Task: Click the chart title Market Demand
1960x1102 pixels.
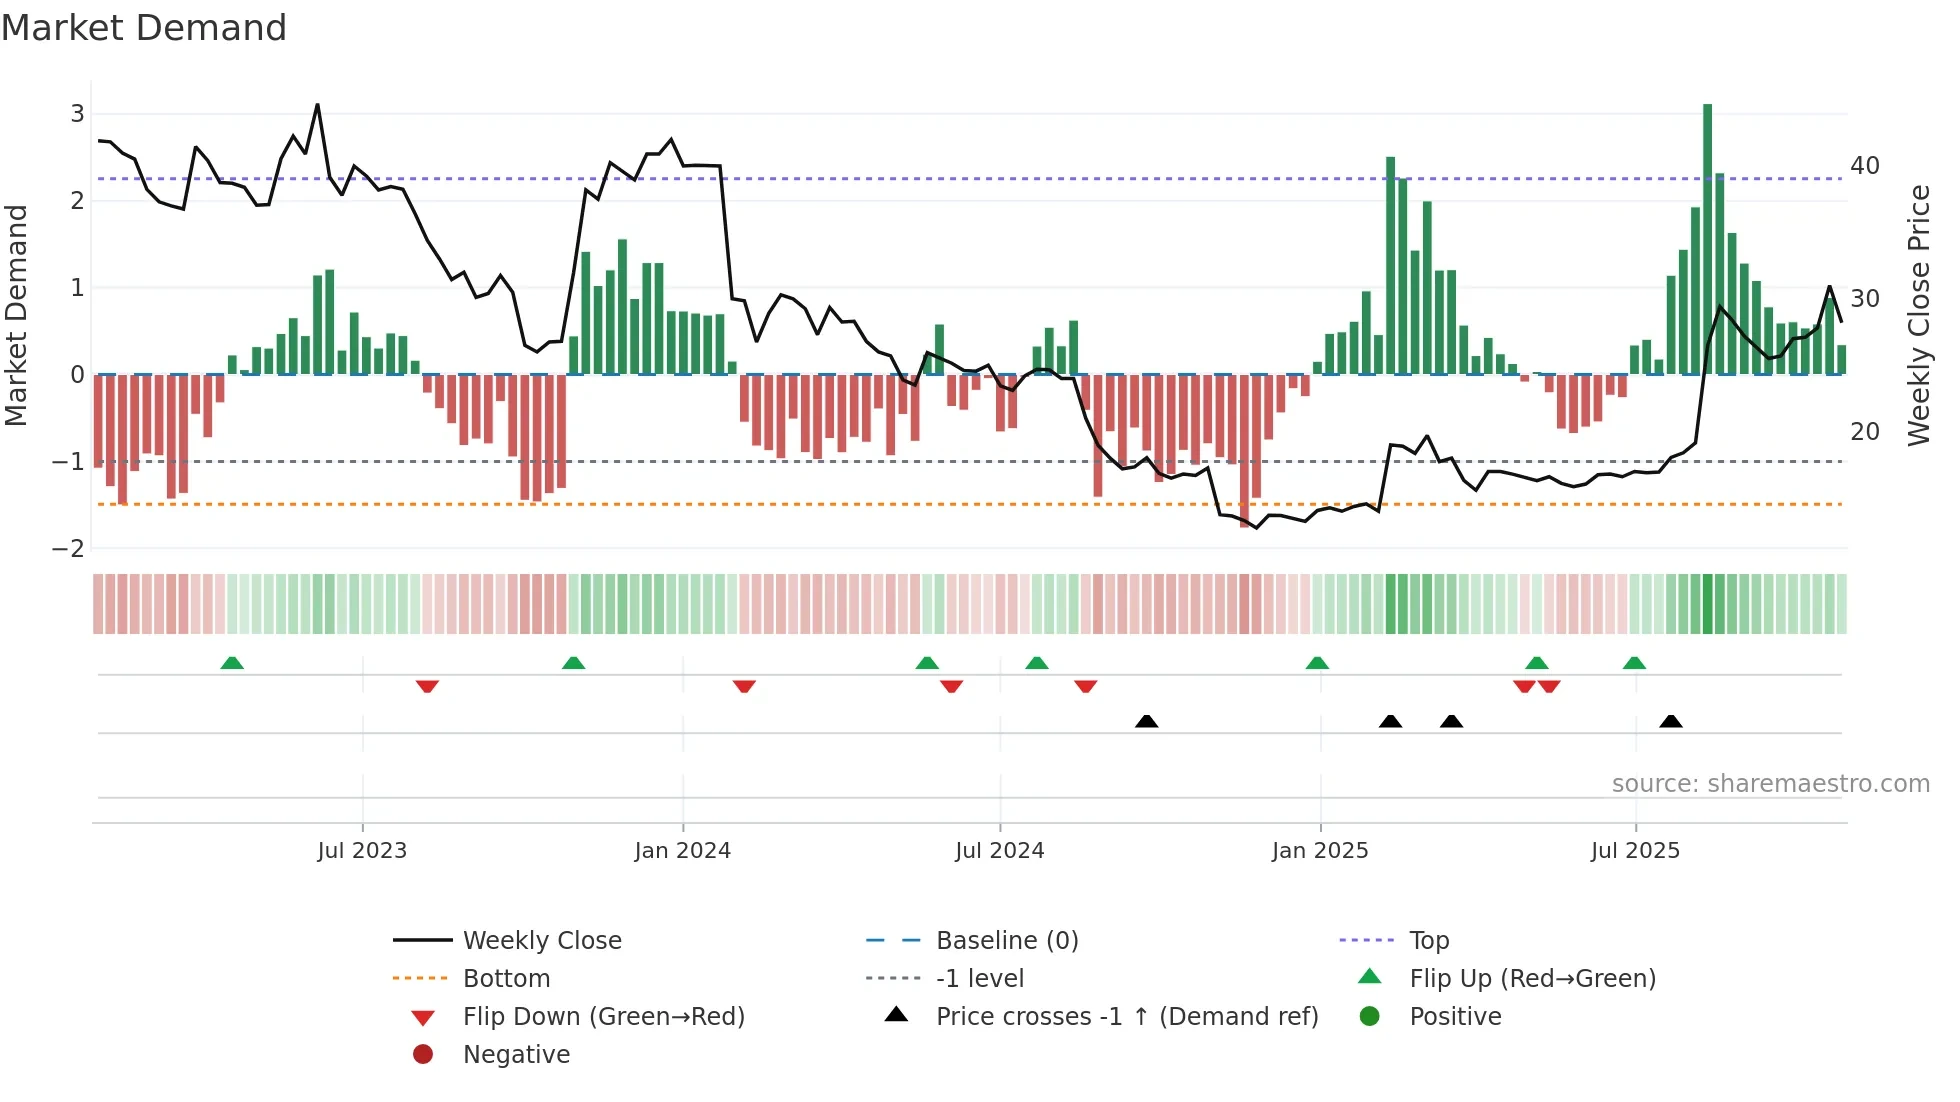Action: click(x=144, y=28)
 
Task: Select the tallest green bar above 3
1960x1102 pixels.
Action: click(x=1707, y=240)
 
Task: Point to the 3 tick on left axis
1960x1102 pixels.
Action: click(x=77, y=114)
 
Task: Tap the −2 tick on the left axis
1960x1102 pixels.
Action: click(x=69, y=548)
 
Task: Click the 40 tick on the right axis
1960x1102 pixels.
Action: click(x=1864, y=166)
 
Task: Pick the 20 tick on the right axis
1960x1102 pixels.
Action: click(x=1864, y=432)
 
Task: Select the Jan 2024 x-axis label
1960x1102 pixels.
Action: click(x=682, y=851)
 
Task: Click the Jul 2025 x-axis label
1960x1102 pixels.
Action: click(x=1635, y=851)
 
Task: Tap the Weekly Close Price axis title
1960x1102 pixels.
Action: click(x=1918, y=315)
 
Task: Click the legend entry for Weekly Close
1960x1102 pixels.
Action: click(x=541, y=941)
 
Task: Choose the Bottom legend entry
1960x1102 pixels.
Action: click(x=506, y=979)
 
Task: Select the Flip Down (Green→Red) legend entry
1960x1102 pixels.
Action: click(x=603, y=1017)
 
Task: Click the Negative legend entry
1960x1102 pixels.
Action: click(x=516, y=1055)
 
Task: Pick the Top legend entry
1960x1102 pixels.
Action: click(x=1428, y=941)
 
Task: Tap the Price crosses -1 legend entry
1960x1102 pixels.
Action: click(x=1126, y=1017)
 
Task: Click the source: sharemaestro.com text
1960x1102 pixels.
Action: click(x=1770, y=784)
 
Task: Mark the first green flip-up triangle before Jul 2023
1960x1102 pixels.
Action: click(x=232, y=663)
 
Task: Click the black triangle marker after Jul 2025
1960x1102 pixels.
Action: click(x=1670, y=721)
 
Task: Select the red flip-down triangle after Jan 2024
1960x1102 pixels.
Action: click(x=744, y=686)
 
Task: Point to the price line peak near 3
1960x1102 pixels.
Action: click(x=317, y=104)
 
